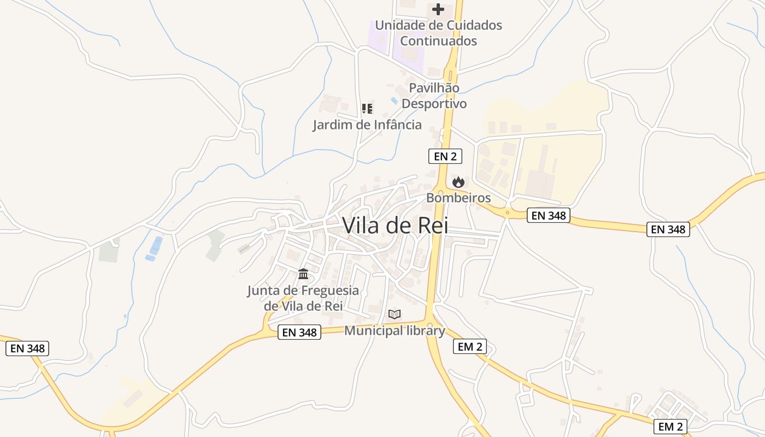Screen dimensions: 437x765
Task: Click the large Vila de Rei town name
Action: [x=395, y=225]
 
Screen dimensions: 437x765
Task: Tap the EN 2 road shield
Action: [x=445, y=156]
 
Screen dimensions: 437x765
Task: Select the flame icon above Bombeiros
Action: [x=458, y=182]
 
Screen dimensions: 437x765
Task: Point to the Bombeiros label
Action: [x=458, y=198]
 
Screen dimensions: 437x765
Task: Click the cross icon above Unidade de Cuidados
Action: [x=438, y=9]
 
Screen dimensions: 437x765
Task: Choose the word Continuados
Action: [x=438, y=41]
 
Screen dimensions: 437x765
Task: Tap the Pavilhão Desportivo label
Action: [x=434, y=96]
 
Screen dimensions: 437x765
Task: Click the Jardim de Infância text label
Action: [x=367, y=125]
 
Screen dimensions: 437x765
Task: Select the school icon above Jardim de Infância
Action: [x=367, y=109]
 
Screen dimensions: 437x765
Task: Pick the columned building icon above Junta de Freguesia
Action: [x=303, y=274]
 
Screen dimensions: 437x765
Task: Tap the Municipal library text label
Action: [x=395, y=330]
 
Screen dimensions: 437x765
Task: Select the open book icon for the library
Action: [x=395, y=314]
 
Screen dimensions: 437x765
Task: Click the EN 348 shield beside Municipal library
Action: [x=299, y=332]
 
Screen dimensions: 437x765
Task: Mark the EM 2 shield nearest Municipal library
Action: [x=470, y=346]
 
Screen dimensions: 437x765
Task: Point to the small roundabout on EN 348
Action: [x=508, y=212]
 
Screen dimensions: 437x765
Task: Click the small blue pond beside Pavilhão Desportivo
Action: [x=394, y=101]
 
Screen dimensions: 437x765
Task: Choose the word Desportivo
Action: [x=434, y=104]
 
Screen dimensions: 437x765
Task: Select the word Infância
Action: [x=397, y=125]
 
